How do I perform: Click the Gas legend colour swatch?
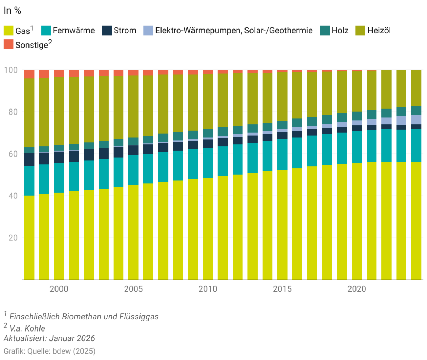[x=9, y=31]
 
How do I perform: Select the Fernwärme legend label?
[x=74, y=31]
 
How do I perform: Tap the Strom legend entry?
[x=125, y=31]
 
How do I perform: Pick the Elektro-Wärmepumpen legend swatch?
[x=148, y=31]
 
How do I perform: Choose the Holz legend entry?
[x=340, y=31]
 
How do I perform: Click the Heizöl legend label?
[x=379, y=31]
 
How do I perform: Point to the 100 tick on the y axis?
[x=11, y=70]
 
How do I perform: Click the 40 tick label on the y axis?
[x=13, y=196]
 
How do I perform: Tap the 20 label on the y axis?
[x=13, y=238]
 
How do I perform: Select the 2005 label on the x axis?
[x=133, y=289]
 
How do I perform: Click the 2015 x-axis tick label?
[x=282, y=289]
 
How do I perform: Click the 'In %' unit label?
[x=12, y=11]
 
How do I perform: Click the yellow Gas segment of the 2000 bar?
[x=59, y=235]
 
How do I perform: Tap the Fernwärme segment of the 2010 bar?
[x=208, y=163]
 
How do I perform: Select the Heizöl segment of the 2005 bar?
[x=133, y=107]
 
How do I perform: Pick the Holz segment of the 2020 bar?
[x=357, y=116]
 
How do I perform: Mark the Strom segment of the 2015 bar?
[x=282, y=136]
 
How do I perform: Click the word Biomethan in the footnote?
[x=84, y=317]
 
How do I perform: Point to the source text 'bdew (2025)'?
[x=74, y=351]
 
